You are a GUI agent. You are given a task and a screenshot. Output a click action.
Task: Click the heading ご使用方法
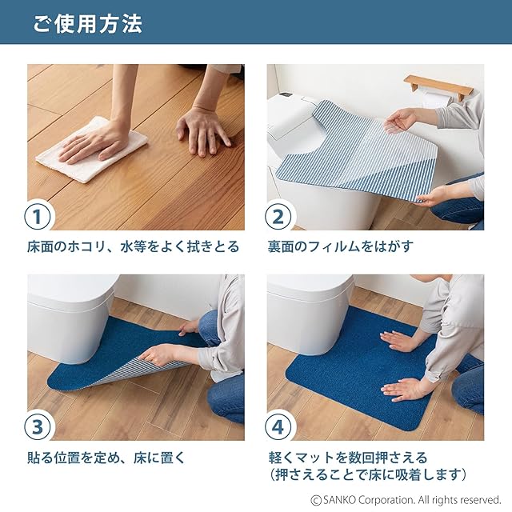pos(87,23)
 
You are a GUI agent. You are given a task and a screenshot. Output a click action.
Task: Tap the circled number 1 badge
pos(38,217)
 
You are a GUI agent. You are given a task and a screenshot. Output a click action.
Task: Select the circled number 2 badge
pos(278,217)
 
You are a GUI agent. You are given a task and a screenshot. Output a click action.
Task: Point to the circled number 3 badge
pos(38,426)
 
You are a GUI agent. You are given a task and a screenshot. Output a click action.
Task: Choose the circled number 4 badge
pos(278,426)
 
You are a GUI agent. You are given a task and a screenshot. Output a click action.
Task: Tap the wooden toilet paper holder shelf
pos(438,86)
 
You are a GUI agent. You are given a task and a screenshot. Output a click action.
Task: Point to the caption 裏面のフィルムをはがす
pos(340,246)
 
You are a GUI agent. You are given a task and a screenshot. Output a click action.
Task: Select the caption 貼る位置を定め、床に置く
pos(106,457)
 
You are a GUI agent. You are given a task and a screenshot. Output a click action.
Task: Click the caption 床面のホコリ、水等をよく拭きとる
pos(134,246)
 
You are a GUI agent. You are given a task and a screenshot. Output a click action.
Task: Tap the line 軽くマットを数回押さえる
pos(348,457)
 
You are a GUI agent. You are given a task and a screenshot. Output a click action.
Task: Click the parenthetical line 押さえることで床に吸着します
pos(368,474)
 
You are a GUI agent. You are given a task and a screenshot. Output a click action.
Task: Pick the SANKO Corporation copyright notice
pos(406,500)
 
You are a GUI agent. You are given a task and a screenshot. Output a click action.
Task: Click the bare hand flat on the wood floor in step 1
pos(202,132)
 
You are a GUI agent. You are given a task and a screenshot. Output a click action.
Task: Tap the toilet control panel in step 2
pos(286,95)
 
